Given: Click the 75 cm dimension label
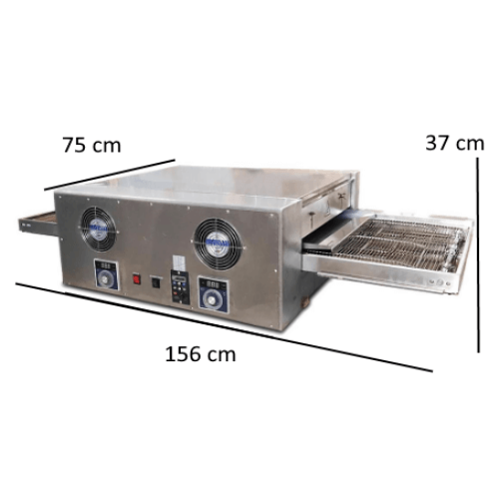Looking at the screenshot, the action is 92,146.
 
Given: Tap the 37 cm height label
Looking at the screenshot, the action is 455,143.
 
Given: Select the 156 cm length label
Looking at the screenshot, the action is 201,354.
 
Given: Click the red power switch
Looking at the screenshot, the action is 137,278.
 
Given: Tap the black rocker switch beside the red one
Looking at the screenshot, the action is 156,282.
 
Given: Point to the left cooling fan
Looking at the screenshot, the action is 98,229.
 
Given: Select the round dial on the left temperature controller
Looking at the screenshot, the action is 106,279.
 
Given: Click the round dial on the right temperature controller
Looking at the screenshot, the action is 212,300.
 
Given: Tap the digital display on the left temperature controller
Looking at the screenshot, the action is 106,265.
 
